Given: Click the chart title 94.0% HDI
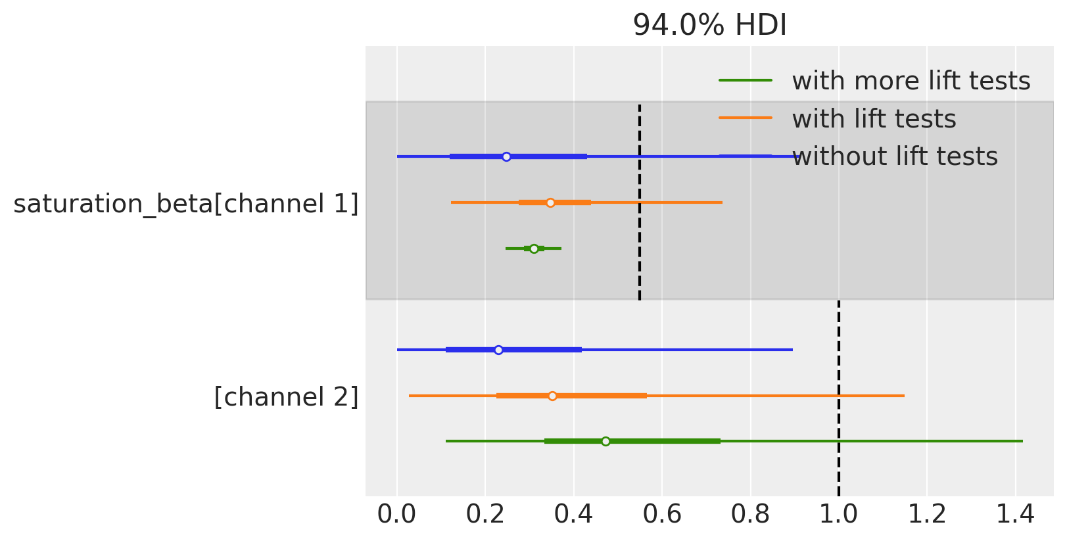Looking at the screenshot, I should (709, 26).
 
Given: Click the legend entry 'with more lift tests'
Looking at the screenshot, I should (911, 81).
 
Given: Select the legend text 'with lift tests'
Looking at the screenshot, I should (874, 119).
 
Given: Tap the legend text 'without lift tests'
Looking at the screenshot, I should (894, 156).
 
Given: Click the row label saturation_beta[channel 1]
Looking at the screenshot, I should (186, 204).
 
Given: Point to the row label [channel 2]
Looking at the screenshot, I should (286, 397).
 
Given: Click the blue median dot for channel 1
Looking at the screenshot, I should (506, 156).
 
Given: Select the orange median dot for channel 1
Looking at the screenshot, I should (550, 202).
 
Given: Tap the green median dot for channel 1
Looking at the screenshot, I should (534, 248).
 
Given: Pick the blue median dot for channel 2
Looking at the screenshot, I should (498, 350).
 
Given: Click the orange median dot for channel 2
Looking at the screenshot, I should (552, 396).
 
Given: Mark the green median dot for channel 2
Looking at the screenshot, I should (605, 441).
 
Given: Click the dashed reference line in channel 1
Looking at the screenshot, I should (640, 276).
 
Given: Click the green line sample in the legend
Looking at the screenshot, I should (746, 80).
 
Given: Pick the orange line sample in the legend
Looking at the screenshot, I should (746, 118).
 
